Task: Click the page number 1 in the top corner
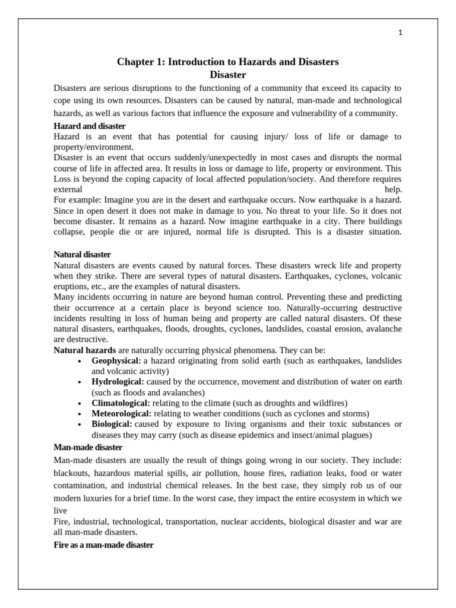[x=400, y=33]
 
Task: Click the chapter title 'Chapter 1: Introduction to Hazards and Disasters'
[x=228, y=62]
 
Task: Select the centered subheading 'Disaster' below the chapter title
[x=228, y=74]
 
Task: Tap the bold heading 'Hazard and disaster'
[x=90, y=126]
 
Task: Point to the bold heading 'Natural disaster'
[x=83, y=254]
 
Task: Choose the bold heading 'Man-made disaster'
[x=88, y=446]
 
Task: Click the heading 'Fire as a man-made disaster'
[x=104, y=544]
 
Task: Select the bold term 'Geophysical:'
[x=116, y=361]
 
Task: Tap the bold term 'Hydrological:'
[x=118, y=382]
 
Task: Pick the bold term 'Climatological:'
[x=121, y=403]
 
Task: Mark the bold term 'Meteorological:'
[x=122, y=413]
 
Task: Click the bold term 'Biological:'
[x=112, y=424]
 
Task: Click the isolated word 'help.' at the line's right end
[x=393, y=189]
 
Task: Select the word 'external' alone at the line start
[x=68, y=189]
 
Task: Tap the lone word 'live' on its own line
[x=60, y=510]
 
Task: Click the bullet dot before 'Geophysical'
[x=80, y=361]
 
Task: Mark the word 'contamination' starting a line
[x=80, y=485]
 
